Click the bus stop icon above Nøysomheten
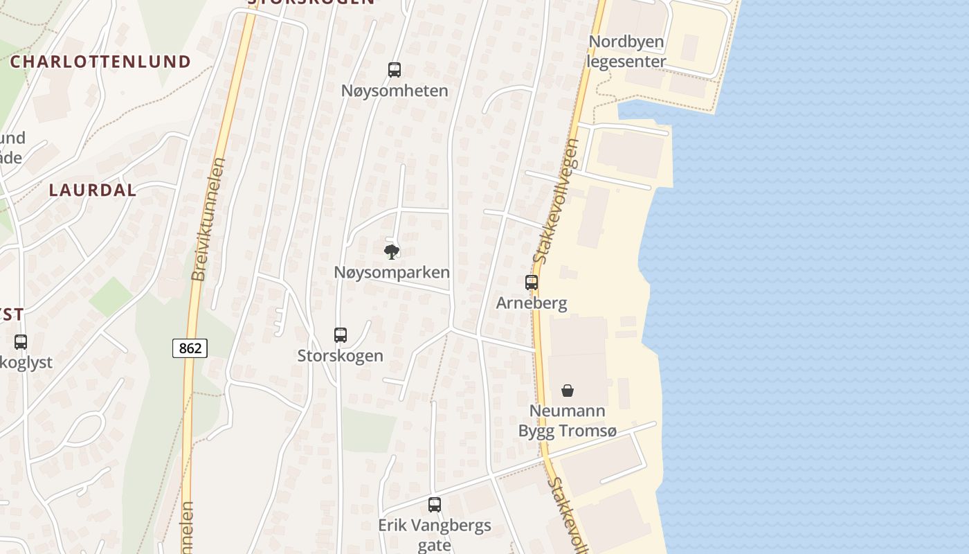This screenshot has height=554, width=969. point(395,70)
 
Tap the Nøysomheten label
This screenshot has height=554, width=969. point(395,91)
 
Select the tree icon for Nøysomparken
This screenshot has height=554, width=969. point(392,251)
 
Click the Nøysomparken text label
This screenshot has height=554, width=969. point(392,272)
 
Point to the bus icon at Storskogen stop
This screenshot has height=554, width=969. point(340,335)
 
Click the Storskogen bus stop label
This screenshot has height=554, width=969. point(340,356)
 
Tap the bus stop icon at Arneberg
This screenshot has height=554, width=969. point(532,283)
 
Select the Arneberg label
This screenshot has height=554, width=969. point(532,303)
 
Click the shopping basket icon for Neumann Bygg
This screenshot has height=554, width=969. point(568,391)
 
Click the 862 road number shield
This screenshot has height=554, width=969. point(190,348)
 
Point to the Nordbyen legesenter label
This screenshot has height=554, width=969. point(626,51)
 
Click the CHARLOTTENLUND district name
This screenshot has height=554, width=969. point(100,61)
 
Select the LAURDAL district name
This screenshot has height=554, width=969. point(93,190)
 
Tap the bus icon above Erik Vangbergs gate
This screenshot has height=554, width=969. point(435,505)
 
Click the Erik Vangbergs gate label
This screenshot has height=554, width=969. point(435,535)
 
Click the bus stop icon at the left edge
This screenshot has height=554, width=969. point(21,341)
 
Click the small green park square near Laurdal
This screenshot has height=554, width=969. point(111,296)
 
